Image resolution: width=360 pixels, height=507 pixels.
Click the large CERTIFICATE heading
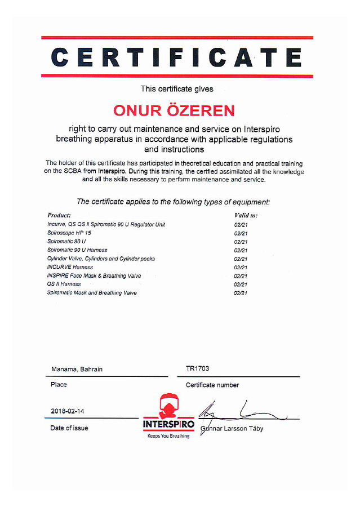point(177,57)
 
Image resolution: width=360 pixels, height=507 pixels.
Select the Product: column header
point(59,215)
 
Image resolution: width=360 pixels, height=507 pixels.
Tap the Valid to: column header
point(246,215)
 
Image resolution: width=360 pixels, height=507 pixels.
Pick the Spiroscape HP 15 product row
point(69,233)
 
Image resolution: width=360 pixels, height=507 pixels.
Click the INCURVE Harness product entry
point(70,267)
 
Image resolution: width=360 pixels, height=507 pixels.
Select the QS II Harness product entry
point(64,284)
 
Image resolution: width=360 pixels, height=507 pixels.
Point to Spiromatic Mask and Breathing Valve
point(92,293)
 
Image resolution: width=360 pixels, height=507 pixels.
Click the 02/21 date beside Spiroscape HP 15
point(241,233)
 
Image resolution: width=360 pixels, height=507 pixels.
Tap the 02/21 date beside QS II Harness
point(241,284)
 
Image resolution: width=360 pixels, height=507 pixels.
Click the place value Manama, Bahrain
point(77,369)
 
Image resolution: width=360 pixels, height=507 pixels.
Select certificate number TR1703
point(197,368)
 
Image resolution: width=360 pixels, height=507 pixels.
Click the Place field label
point(59,385)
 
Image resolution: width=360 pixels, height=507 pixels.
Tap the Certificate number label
point(212,385)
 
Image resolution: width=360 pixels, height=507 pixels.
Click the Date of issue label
point(69,428)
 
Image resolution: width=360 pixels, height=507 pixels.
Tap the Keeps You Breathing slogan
point(168,436)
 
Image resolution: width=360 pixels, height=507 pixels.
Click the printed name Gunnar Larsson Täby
point(232,428)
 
